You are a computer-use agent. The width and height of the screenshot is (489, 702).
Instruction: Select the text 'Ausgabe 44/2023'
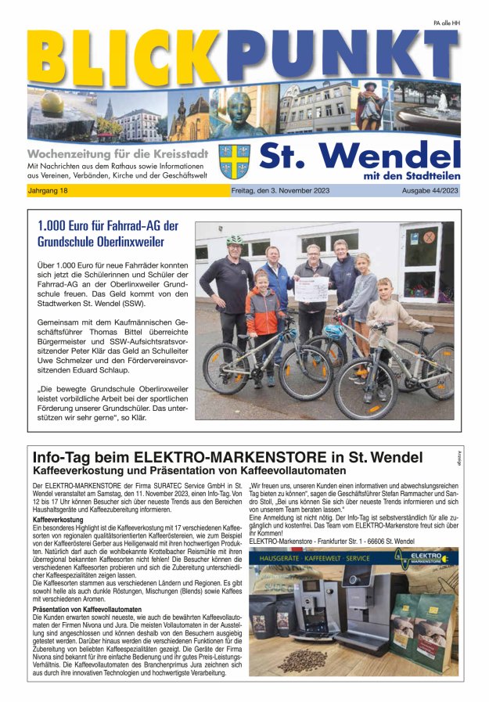[x=430, y=191]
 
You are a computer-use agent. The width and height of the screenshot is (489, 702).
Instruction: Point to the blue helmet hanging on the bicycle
[x=335, y=331]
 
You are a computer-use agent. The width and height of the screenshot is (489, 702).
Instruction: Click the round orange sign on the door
[x=428, y=236]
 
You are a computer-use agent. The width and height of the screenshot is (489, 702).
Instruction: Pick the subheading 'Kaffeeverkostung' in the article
[x=58, y=520]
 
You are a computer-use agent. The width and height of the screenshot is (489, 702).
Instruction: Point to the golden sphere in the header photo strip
[x=48, y=103]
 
